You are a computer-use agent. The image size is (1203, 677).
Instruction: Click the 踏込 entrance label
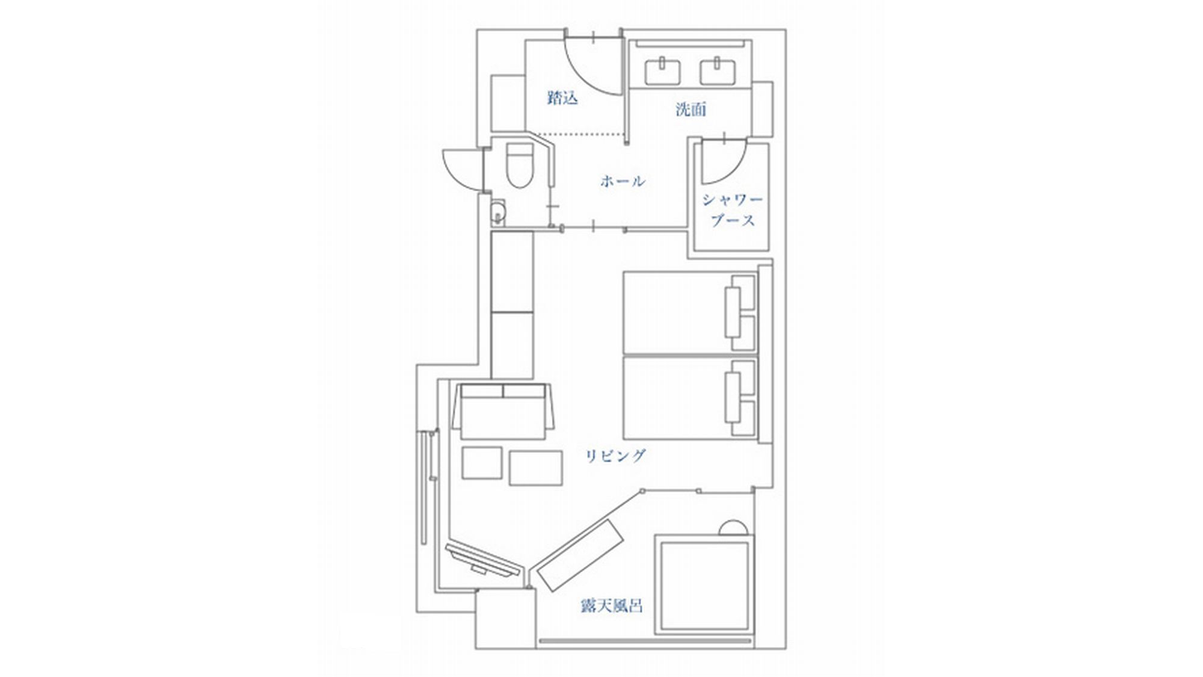[562, 98]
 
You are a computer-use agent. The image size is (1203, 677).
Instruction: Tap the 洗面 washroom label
[691, 110]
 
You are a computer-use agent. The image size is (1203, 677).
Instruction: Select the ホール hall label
[623, 181]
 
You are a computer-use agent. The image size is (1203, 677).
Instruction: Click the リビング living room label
[615, 456]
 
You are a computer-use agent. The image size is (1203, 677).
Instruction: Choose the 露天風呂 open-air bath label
[611, 605]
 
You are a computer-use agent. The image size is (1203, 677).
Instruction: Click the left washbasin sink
[663, 71]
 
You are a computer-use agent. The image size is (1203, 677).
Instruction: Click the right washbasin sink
[718, 71]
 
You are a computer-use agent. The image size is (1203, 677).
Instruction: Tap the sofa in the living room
[502, 412]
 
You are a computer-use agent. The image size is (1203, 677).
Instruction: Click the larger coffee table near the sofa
[535, 468]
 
